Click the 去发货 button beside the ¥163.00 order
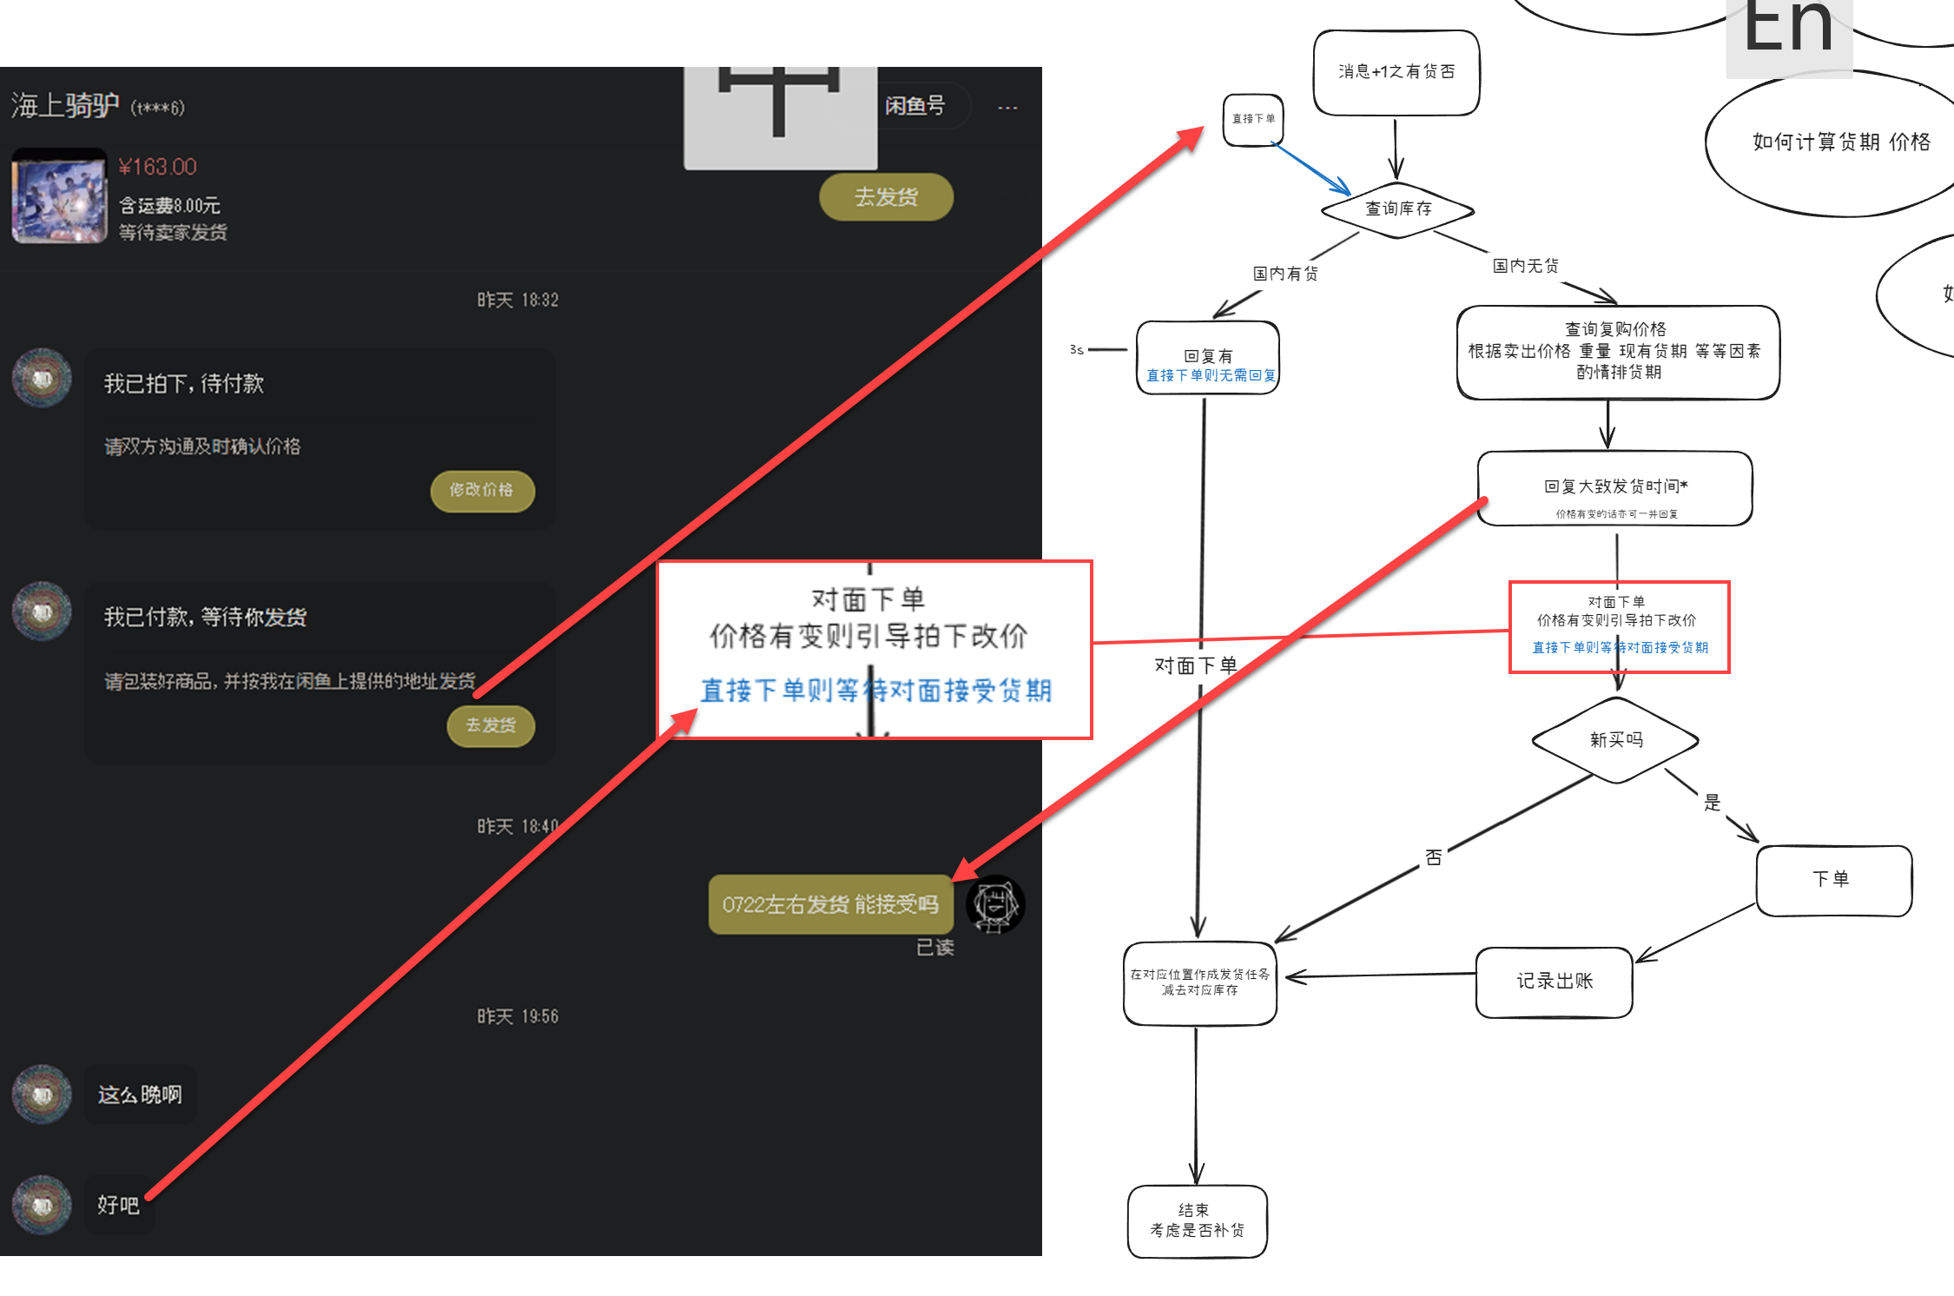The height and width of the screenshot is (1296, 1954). coord(886,197)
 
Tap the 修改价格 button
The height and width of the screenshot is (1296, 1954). coord(482,490)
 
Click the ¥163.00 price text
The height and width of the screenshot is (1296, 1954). coord(157,167)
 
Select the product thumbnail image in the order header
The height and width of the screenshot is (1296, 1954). coord(59,197)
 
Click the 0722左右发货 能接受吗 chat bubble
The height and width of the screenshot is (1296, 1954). coord(829,904)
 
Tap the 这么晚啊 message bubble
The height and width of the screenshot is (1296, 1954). coord(140,1094)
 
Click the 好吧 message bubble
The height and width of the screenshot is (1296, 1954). coord(118,1205)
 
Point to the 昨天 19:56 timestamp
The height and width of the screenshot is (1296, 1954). coord(518,1016)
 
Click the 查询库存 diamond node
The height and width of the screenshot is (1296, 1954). coord(1397,209)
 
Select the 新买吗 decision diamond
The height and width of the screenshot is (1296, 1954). coord(1615,740)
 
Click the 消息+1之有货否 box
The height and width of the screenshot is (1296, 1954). coord(1396,72)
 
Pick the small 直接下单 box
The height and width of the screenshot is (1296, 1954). coord(1253,119)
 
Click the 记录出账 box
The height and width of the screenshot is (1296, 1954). coord(1554,982)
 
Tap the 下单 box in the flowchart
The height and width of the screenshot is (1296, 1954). coord(1833,879)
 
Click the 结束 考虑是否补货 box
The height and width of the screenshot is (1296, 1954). coord(1197,1220)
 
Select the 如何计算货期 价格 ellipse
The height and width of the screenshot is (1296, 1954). coord(1840,142)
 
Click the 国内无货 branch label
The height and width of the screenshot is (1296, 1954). coord(1525,266)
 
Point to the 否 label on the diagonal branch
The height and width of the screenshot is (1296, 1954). coord(1434,858)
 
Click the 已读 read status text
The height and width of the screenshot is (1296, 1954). coord(934,948)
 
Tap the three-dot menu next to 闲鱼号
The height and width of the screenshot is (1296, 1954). coord(1007,108)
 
